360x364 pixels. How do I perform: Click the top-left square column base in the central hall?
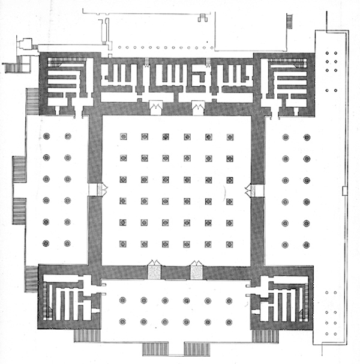point(123,137)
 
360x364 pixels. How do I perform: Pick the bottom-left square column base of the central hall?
point(123,244)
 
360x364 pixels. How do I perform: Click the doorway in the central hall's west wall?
point(95,190)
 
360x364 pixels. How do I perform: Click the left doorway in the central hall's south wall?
point(154,271)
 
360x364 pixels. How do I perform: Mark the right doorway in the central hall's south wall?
point(197,271)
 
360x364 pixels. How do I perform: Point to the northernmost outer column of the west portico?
point(46,137)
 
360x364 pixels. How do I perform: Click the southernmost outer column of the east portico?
point(307,244)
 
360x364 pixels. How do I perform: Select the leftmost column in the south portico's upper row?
point(122,300)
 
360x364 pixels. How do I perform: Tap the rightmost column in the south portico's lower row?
point(229,321)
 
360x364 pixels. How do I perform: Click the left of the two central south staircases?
point(155,348)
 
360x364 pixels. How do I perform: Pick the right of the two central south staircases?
point(198,348)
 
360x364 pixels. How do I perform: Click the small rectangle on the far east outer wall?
point(344,191)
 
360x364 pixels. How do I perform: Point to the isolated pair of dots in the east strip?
point(331,90)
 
